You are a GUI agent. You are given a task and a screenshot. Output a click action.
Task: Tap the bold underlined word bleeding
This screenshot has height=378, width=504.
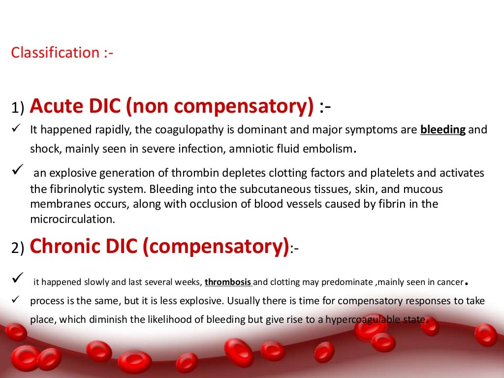(443, 130)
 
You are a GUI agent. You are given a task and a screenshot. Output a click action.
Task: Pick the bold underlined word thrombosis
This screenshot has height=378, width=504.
(228, 283)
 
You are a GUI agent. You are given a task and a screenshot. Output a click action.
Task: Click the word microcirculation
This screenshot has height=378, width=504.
(72, 220)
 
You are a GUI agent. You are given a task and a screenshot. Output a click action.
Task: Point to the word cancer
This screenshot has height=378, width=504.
(450, 283)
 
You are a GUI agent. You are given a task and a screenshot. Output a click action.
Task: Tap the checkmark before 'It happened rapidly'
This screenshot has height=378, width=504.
(15, 129)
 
